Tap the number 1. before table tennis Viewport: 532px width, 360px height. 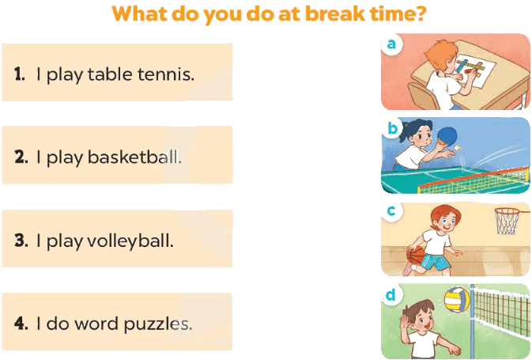19,74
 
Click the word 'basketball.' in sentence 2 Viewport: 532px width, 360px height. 134,157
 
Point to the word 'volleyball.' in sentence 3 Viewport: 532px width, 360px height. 130,241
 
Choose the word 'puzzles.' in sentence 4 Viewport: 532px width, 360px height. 158,324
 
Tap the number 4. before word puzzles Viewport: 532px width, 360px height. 21,323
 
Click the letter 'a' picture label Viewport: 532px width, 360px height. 391,44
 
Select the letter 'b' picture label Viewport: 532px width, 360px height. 393,127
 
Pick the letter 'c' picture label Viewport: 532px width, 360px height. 391,211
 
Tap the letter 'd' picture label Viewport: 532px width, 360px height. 391,294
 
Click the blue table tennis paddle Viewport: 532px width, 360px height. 447,136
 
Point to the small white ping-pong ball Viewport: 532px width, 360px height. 458,148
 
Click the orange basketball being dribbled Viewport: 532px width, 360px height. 415,255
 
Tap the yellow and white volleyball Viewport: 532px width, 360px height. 457,300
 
